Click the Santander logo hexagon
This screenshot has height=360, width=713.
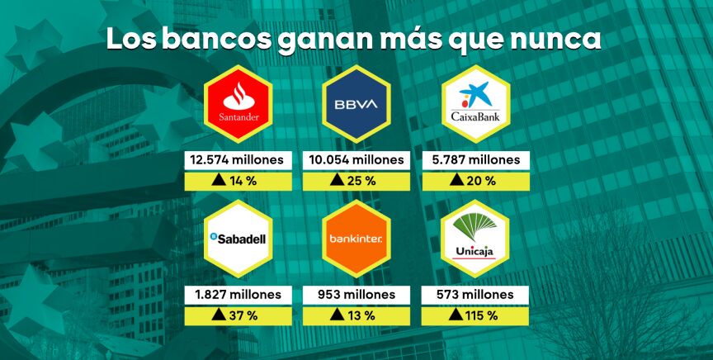(x=238, y=103)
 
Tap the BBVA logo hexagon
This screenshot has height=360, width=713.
(x=356, y=103)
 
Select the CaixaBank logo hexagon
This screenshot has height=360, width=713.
(x=474, y=103)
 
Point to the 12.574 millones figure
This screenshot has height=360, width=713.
(x=237, y=159)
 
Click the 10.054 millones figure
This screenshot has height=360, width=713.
(x=356, y=159)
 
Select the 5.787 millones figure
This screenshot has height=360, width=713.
(x=474, y=159)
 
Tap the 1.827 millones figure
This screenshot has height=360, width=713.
(x=237, y=295)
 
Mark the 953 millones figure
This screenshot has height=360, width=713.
(x=356, y=295)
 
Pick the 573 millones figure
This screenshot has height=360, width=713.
(x=474, y=295)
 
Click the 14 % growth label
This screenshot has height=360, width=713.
(x=245, y=180)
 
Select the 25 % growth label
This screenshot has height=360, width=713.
(x=363, y=180)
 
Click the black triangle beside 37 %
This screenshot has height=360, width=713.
(x=218, y=315)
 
